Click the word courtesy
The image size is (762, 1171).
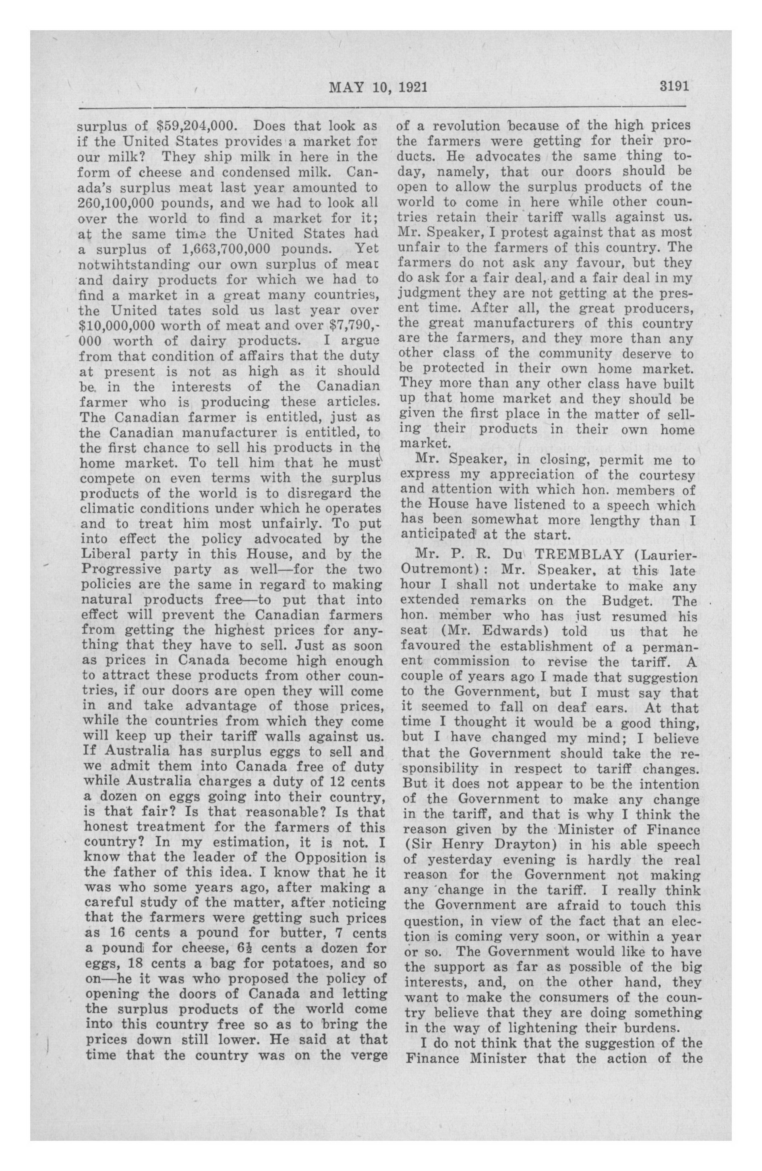tap(667, 475)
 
